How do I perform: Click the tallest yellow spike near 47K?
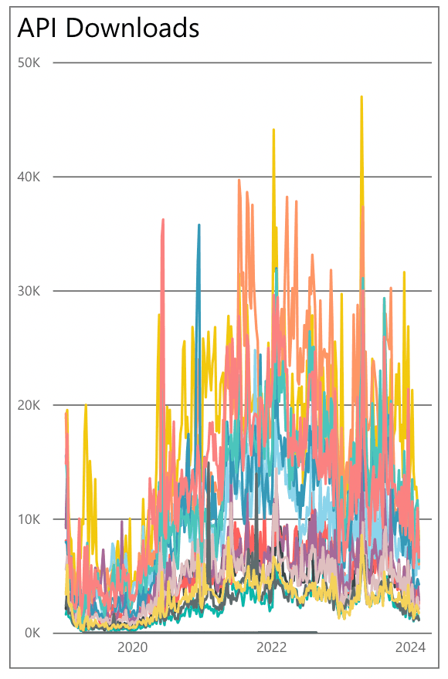coord(361,98)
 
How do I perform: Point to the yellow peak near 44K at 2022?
coord(273,131)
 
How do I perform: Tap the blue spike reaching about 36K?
coord(199,226)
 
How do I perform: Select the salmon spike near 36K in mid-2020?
coord(163,221)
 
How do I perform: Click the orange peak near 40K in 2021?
coord(239,181)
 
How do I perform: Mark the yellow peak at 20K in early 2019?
coord(86,406)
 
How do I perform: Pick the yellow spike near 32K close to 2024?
coord(403,273)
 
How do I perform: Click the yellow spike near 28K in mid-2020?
coord(159,316)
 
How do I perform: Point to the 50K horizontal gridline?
coord(232,62)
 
